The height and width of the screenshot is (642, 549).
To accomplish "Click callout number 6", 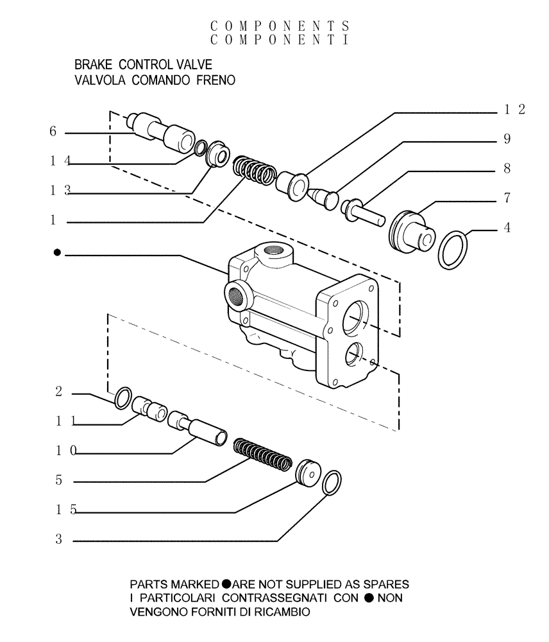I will [53, 132].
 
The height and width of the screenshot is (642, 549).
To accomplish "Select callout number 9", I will [506, 139].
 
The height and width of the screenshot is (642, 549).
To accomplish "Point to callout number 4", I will [507, 227].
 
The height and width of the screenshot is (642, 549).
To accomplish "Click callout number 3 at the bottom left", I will [58, 541].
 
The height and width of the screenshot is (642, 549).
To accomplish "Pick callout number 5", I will [58, 480].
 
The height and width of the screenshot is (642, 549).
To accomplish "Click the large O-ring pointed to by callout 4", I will [454, 250].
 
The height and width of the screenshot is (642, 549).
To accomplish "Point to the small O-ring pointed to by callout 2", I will [122, 398].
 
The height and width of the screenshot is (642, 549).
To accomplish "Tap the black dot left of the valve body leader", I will [58, 254].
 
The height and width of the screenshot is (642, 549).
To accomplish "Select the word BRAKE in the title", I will [94, 65].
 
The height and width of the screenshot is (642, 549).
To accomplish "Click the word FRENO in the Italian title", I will [214, 81].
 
